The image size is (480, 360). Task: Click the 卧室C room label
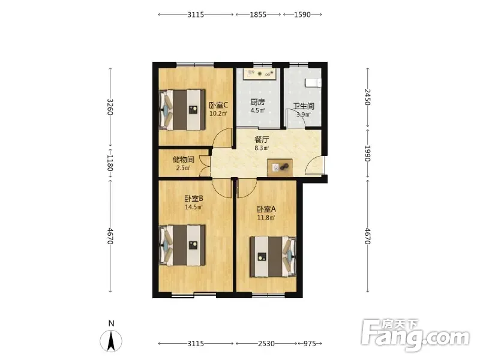(218, 106)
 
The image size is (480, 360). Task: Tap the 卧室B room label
(194, 199)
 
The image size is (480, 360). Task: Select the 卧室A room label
(266, 209)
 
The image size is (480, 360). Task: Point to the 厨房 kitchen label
(257, 102)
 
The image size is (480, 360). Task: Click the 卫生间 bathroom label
(304, 106)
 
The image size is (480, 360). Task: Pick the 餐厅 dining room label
(262, 140)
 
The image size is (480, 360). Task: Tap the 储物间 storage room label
(183, 160)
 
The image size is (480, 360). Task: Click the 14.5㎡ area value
(194, 207)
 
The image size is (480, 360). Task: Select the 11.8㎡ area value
(266, 218)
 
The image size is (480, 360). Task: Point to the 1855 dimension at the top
(258, 14)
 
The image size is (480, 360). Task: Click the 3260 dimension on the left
(110, 107)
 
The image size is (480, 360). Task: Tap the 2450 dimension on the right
(367, 97)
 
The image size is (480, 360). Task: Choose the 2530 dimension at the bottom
(266, 343)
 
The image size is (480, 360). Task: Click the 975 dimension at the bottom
(310, 343)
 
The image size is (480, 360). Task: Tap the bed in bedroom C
(182, 110)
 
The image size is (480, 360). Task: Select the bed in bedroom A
(273, 257)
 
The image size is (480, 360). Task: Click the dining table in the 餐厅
(280, 167)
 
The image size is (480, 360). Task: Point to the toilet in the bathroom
(313, 83)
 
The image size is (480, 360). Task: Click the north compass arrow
(111, 340)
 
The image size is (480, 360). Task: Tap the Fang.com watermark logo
(415, 335)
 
